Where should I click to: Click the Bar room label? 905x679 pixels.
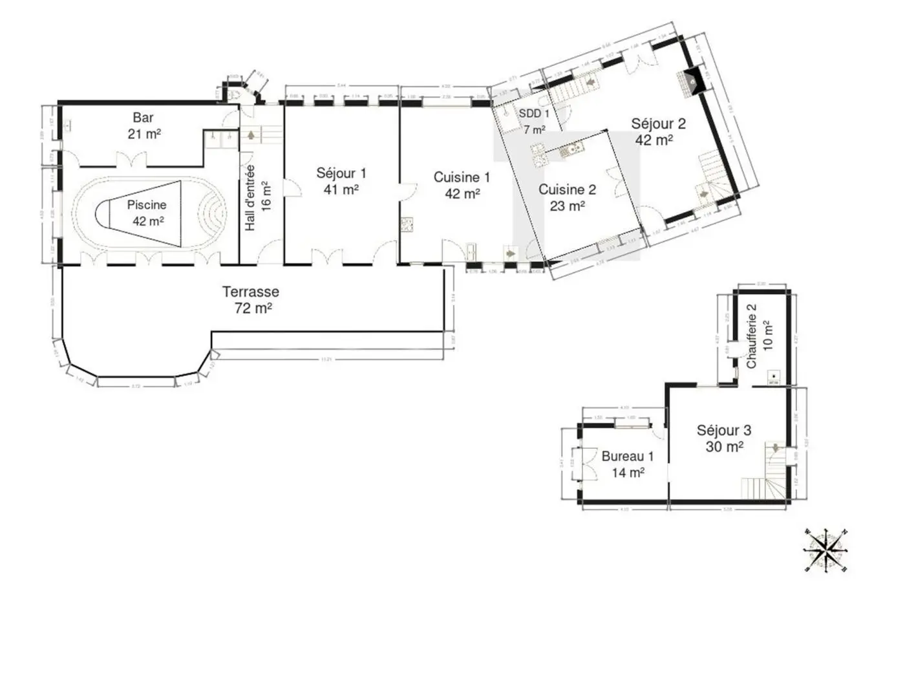tap(144, 118)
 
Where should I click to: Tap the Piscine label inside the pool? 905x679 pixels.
tap(147, 205)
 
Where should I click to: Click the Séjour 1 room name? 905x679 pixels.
tap(341, 173)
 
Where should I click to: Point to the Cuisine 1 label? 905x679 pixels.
tap(462, 177)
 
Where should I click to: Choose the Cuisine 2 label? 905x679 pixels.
tap(567, 189)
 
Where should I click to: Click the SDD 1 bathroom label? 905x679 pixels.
tap(534, 114)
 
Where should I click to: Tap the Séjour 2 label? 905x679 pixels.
tap(658, 124)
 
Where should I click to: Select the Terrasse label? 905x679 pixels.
tap(251, 292)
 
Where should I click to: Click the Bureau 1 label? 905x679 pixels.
tap(627, 457)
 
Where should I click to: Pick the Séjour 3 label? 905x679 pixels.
tap(723, 431)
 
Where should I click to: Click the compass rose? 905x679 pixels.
tap(825, 551)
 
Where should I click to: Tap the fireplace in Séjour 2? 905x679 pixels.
tap(691, 81)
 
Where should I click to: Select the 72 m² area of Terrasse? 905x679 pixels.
tap(253, 308)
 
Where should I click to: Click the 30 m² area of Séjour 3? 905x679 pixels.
tap(724, 447)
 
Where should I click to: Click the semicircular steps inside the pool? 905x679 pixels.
tap(215, 211)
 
